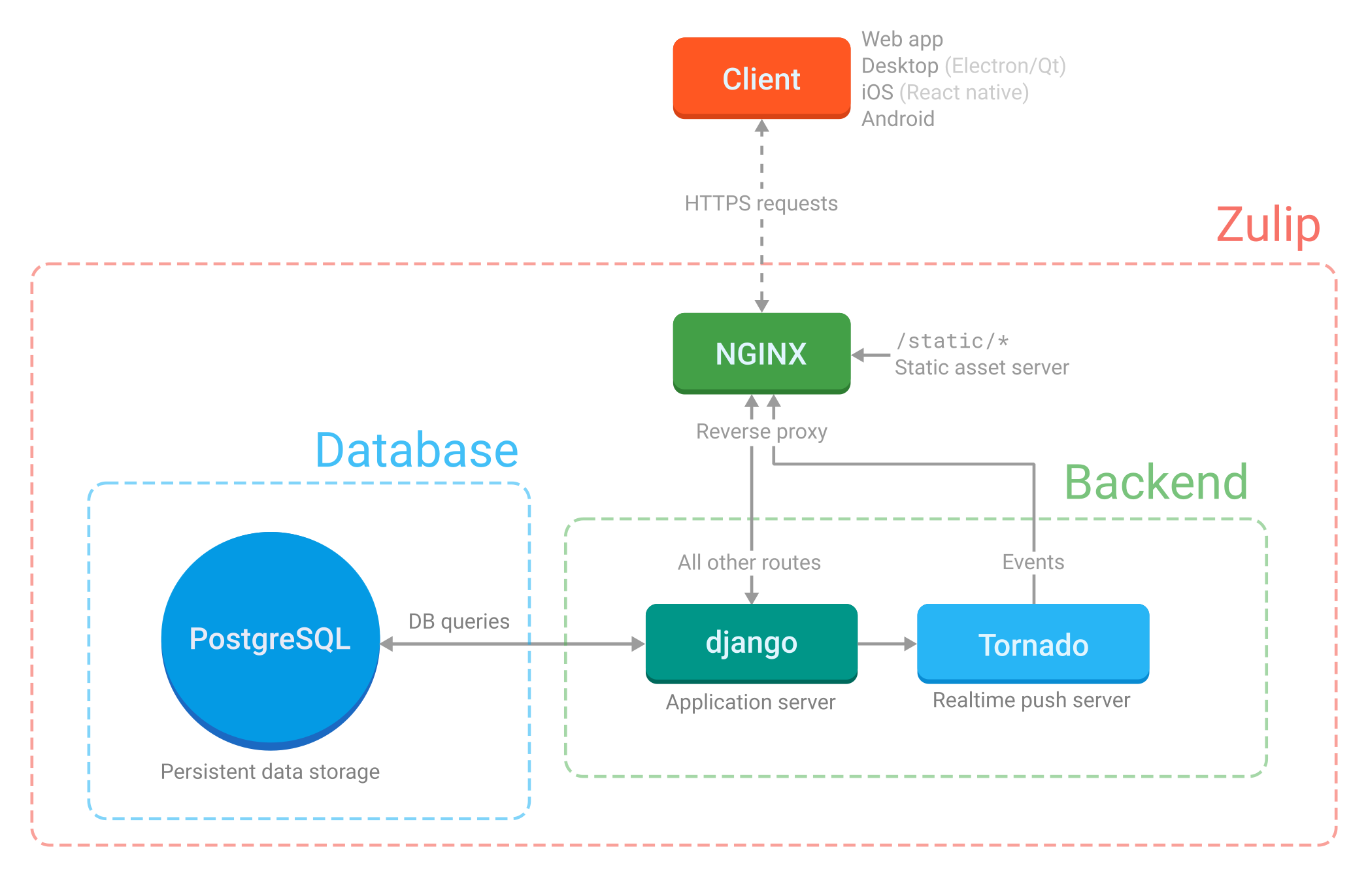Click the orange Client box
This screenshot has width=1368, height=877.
pyautogui.click(x=761, y=78)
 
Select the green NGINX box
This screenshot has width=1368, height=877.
pyautogui.click(x=761, y=353)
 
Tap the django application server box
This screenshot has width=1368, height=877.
pyautogui.click(x=751, y=643)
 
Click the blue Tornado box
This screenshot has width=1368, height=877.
pyautogui.click(x=1033, y=644)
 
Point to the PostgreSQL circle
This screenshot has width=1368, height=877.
pyautogui.click(x=270, y=639)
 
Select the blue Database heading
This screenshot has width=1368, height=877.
pyautogui.click(x=416, y=450)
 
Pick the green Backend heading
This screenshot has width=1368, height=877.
pyautogui.click(x=1156, y=482)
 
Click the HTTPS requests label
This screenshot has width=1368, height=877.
pyautogui.click(x=761, y=203)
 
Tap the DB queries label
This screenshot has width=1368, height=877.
pyautogui.click(x=458, y=621)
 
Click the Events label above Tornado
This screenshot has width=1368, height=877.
pyautogui.click(x=1033, y=562)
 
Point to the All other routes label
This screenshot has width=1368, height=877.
pyautogui.click(x=749, y=562)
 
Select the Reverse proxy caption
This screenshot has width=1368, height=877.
pyautogui.click(x=761, y=431)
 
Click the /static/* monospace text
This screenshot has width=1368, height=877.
pyautogui.click(x=952, y=340)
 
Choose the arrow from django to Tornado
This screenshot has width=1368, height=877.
pyautogui.click(x=886, y=644)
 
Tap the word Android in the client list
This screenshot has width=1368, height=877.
pyautogui.click(x=897, y=119)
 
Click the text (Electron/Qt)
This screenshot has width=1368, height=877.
pyautogui.click(x=1005, y=66)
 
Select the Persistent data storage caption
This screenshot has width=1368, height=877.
pyautogui.click(x=270, y=772)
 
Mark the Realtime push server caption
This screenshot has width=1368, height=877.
pyautogui.click(x=1031, y=700)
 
